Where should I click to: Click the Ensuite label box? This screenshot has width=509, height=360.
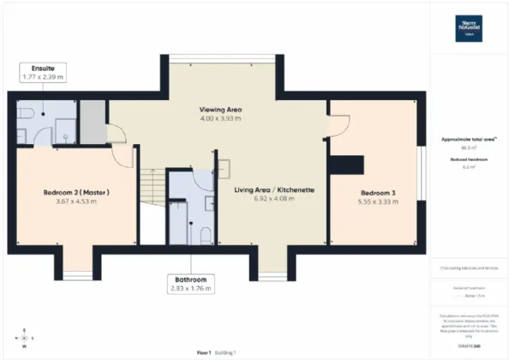44,72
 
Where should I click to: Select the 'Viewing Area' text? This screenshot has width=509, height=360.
219,110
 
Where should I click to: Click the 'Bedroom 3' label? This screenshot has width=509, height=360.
376,192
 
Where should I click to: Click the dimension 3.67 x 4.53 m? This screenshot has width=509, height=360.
76,202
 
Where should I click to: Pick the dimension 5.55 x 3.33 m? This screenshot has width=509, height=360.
376,202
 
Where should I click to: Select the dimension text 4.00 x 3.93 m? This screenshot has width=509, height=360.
219,120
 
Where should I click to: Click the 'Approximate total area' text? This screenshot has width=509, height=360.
468,138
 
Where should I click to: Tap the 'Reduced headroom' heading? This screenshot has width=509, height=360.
468,159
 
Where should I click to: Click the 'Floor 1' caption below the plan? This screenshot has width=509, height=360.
204,352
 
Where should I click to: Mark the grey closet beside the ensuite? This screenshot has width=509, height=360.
93,120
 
